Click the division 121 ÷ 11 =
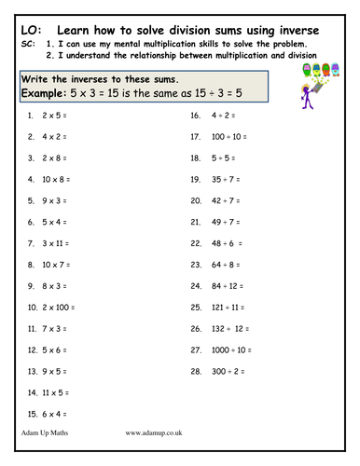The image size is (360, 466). (x=222, y=308)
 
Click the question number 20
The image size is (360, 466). (x=195, y=201)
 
